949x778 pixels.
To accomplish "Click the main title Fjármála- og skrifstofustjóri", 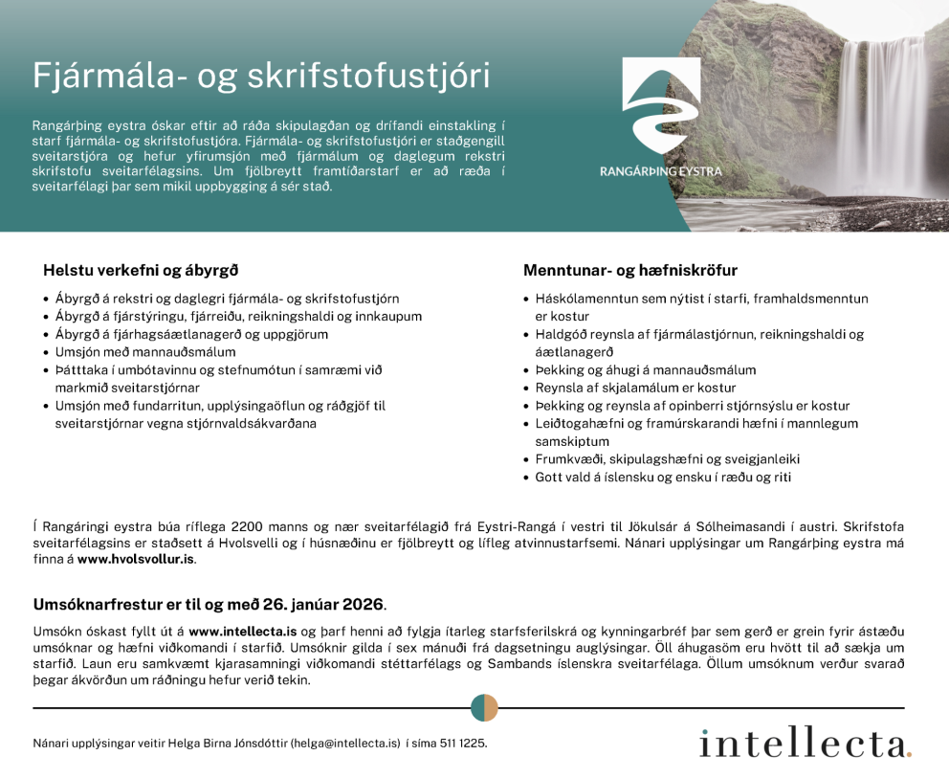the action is click(x=261, y=76).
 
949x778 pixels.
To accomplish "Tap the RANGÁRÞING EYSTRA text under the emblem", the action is click(x=660, y=171).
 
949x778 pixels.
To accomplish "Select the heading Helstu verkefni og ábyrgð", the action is click(x=141, y=271).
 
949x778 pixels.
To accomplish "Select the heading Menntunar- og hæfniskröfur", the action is click(x=630, y=271).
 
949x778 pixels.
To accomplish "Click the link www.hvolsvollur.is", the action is click(x=136, y=559).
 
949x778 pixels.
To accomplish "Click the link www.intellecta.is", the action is click(x=243, y=632).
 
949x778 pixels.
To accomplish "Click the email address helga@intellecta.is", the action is click(x=345, y=743).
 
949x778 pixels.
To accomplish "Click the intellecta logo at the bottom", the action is click(x=805, y=744).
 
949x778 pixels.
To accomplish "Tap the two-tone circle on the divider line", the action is click(x=484, y=708).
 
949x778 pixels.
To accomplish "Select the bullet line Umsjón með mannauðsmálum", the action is click(x=145, y=352).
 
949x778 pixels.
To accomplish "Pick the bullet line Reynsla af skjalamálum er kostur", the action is click(x=637, y=388).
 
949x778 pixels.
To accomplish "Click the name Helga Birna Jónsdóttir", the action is click(x=228, y=743).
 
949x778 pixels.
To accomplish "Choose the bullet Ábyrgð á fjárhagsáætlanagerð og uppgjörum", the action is click(x=191, y=334).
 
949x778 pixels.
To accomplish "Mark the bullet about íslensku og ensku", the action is click(x=663, y=477).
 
